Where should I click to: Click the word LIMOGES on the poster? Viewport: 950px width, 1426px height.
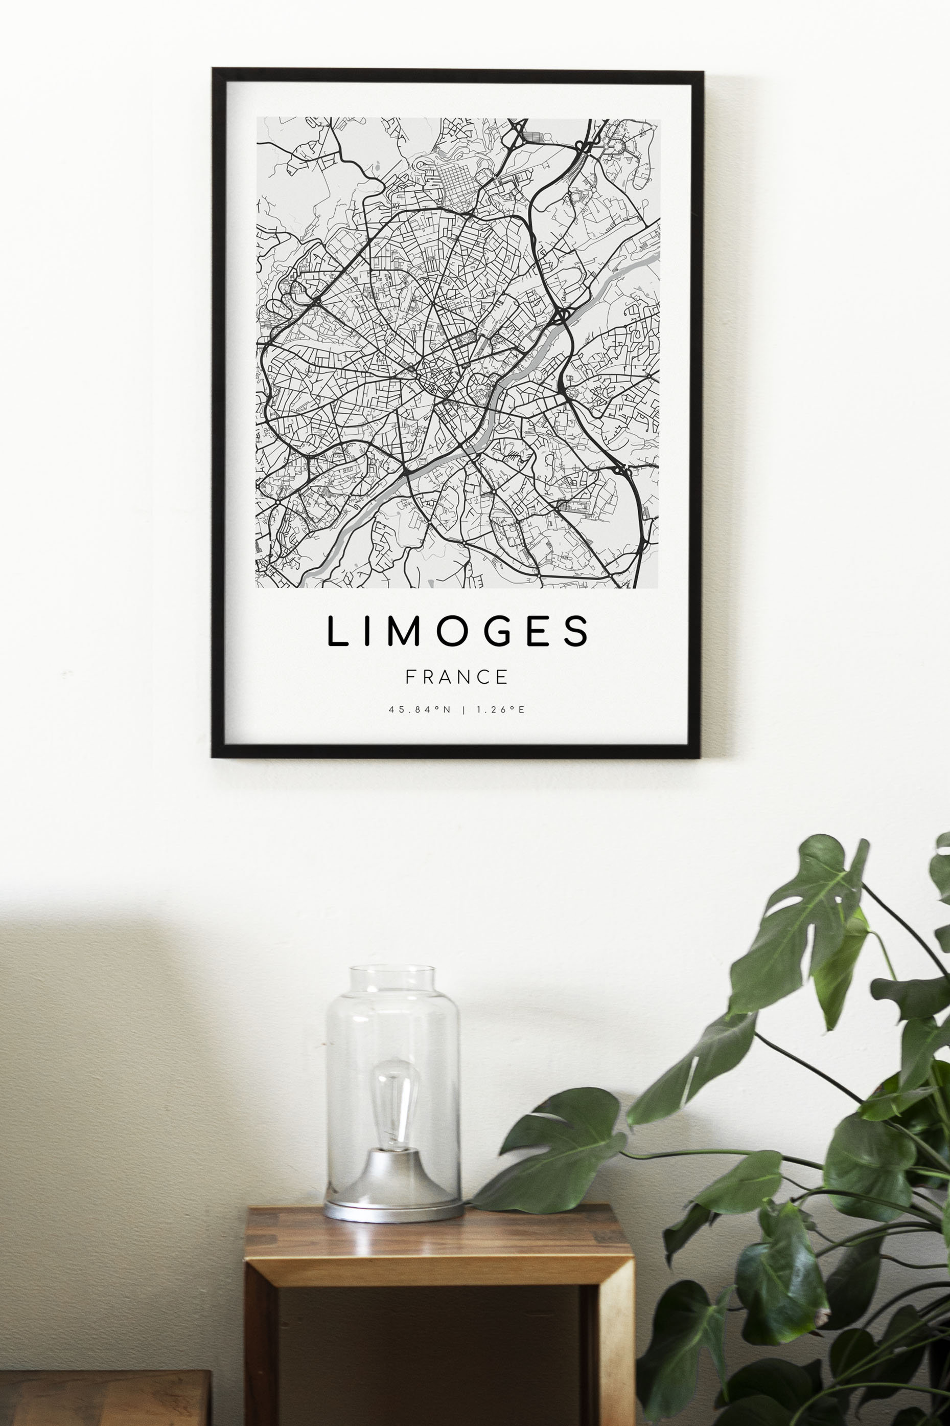[457, 631]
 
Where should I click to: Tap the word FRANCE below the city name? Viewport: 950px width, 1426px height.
[457, 677]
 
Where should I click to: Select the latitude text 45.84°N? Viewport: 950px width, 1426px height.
[420, 709]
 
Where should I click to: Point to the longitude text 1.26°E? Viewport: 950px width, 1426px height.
[500, 709]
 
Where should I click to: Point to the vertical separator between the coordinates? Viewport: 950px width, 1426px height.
[464, 709]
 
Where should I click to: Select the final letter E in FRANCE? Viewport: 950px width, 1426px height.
[502, 677]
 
